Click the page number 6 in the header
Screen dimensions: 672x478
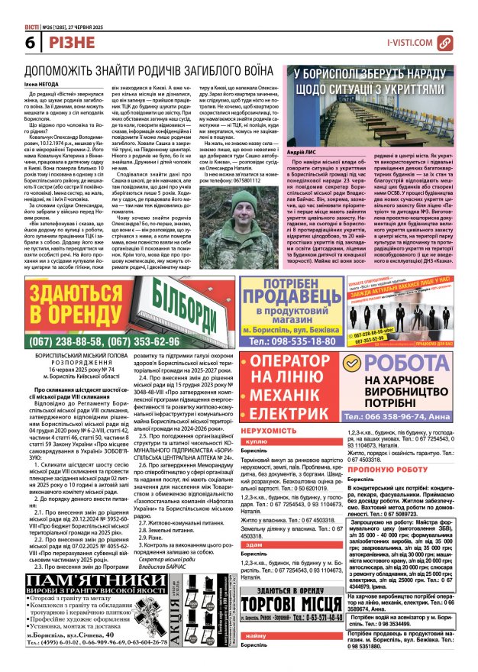click(x=11, y=44)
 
